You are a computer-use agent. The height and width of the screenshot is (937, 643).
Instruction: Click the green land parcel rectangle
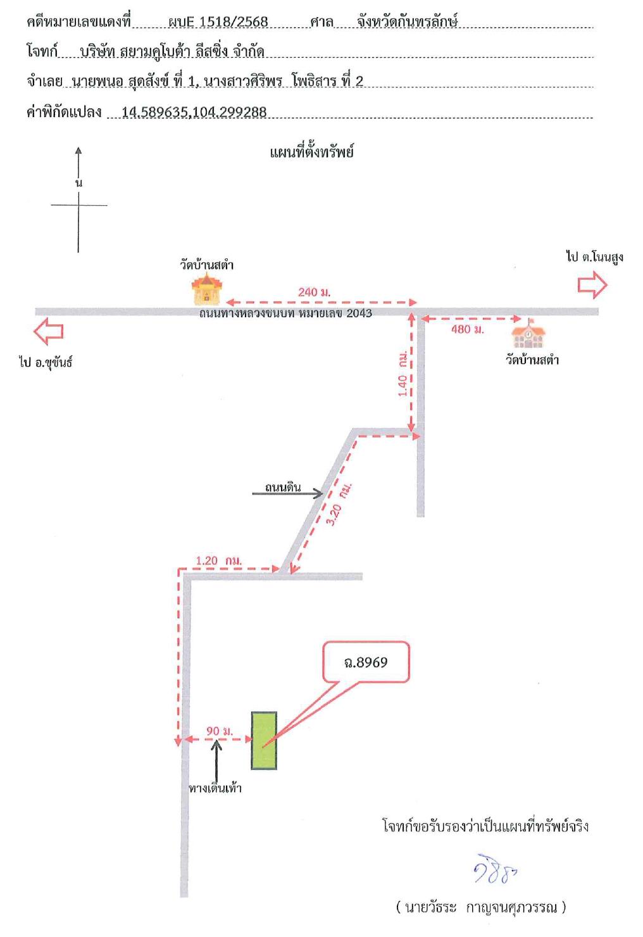coord(264,740)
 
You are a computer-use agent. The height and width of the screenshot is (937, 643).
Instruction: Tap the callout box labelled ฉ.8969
coord(366,662)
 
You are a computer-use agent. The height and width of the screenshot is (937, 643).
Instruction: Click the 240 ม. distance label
coord(314,292)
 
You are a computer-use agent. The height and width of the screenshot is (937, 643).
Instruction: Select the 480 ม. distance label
coord(468,329)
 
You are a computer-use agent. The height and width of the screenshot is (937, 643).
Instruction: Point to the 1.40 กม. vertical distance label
coord(403,374)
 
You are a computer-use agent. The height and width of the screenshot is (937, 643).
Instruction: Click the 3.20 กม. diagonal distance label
coord(339,504)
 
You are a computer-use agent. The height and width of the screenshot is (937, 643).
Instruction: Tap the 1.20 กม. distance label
coord(218,560)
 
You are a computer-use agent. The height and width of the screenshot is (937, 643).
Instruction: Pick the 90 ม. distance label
coord(220,731)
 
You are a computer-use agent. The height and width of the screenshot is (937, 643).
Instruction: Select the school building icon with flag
coord(528,334)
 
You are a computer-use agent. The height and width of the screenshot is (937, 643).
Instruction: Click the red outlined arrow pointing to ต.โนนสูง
coord(592,284)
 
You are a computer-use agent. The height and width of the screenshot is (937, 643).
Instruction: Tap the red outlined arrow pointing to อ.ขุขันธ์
coord(49,331)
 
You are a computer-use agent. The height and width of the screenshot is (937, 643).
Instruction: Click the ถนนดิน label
coord(283,487)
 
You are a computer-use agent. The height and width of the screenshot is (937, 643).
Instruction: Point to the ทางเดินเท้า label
coord(215,788)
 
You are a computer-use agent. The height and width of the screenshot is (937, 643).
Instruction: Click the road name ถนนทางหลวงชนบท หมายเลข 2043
coord(285,313)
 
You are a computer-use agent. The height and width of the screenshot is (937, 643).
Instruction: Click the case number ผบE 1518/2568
coord(218,22)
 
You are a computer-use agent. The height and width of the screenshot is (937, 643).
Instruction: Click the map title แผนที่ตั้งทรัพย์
coord(312,151)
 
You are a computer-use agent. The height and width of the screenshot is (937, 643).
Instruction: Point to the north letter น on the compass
coord(78,183)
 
